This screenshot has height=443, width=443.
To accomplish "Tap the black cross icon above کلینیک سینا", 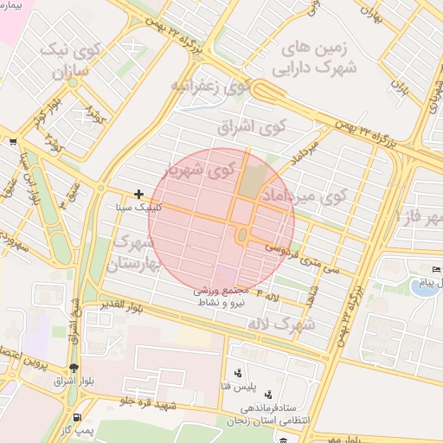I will [138, 195].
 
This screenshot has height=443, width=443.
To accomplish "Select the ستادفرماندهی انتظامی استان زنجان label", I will [273, 413].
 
